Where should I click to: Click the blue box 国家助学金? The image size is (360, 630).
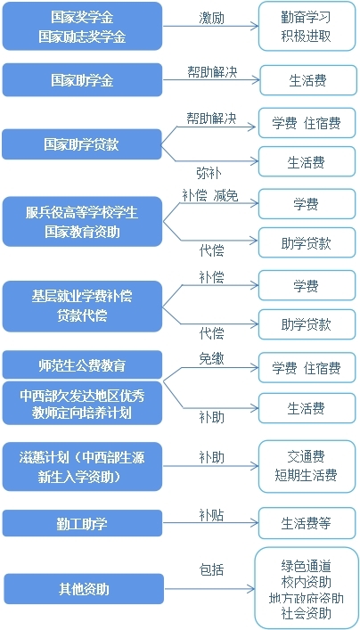[x=82, y=80]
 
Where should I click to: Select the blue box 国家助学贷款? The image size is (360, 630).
[x=82, y=144]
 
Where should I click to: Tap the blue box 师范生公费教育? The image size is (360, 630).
[x=82, y=364]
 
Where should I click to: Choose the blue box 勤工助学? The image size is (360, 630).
[x=82, y=523]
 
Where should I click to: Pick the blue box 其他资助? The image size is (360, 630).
[x=84, y=589]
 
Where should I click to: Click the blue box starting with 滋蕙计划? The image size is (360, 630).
[x=82, y=466]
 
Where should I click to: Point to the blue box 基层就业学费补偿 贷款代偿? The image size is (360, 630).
[x=82, y=307]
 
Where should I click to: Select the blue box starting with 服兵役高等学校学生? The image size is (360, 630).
[x=82, y=222]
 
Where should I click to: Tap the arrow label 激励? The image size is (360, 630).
[x=212, y=18]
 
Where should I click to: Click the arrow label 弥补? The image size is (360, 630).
[x=209, y=173]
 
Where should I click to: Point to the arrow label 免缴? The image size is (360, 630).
[x=212, y=359]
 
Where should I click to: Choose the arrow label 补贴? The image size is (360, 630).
[x=212, y=515]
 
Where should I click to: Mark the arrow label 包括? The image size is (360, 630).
[x=212, y=569]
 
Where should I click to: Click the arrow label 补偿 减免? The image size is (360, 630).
[x=210, y=196]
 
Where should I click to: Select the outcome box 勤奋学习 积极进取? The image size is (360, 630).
[x=307, y=26]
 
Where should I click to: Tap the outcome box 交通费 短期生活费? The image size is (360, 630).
[x=307, y=466]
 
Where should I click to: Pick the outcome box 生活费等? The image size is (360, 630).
[x=307, y=523]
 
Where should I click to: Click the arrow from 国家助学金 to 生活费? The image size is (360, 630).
[x=211, y=79]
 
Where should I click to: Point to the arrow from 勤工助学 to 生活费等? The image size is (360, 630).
[x=210, y=523]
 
